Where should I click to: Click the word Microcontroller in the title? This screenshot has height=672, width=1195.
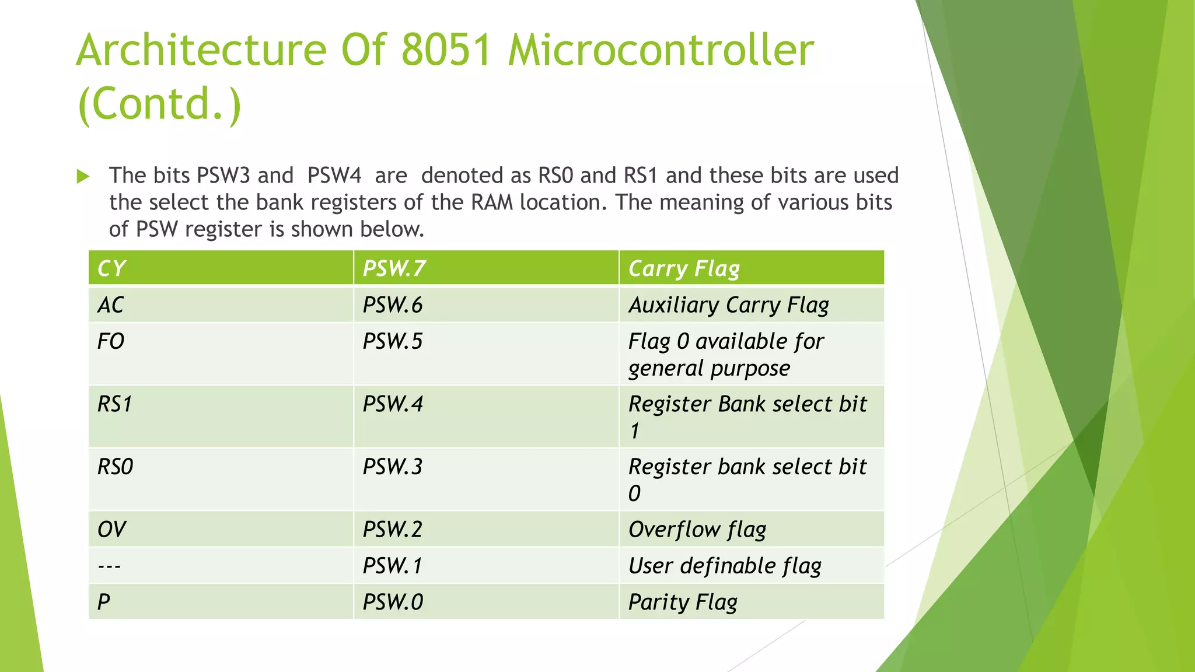(661, 50)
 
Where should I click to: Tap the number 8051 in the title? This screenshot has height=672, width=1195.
(446, 50)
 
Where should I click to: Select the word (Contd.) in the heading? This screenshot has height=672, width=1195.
(159, 104)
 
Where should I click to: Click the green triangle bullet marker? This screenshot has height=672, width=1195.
(83, 176)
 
